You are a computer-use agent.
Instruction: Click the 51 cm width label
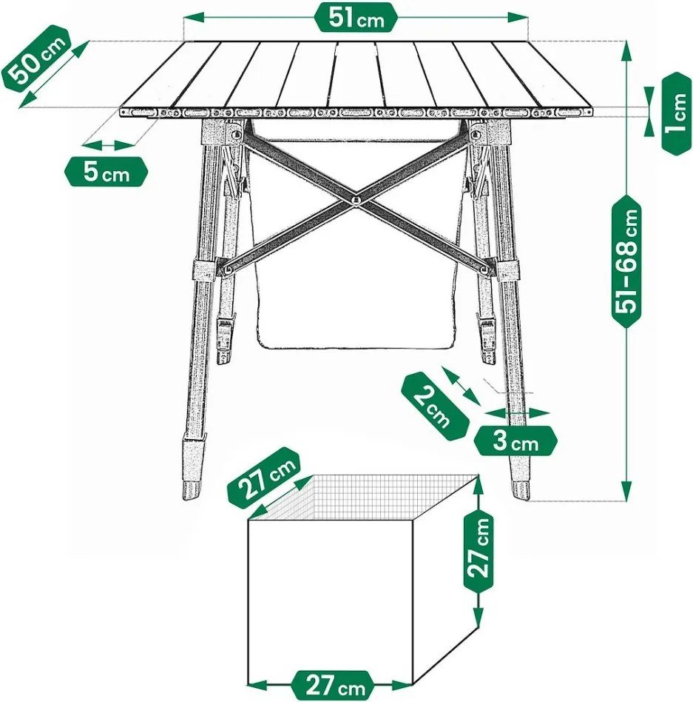point(356,18)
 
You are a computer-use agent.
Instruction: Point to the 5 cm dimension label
point(107,171)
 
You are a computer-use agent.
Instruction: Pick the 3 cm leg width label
point(515,441)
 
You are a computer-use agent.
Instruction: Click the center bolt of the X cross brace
point(356,198)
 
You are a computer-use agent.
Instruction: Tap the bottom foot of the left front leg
point(190,490)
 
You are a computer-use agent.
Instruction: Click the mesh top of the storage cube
point(363,497)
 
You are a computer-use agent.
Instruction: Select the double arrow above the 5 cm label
point(108,144)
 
